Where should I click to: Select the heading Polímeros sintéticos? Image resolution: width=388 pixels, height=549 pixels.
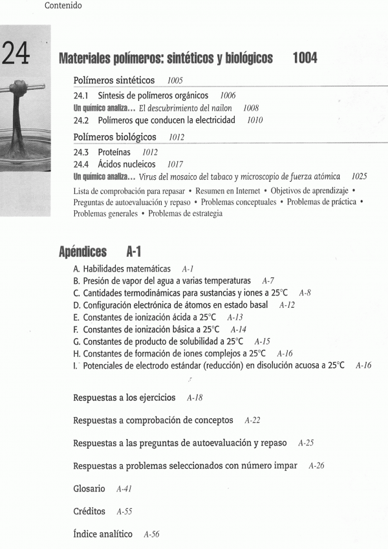tap(114, 81)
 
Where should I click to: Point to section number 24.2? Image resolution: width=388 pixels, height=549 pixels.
tap(82, 120)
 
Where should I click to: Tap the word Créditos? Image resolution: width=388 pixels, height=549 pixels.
tap(90, 511)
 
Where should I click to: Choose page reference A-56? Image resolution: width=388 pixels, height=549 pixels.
tap(151, 534)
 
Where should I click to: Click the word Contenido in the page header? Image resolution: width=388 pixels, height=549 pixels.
tap(63, 6)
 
